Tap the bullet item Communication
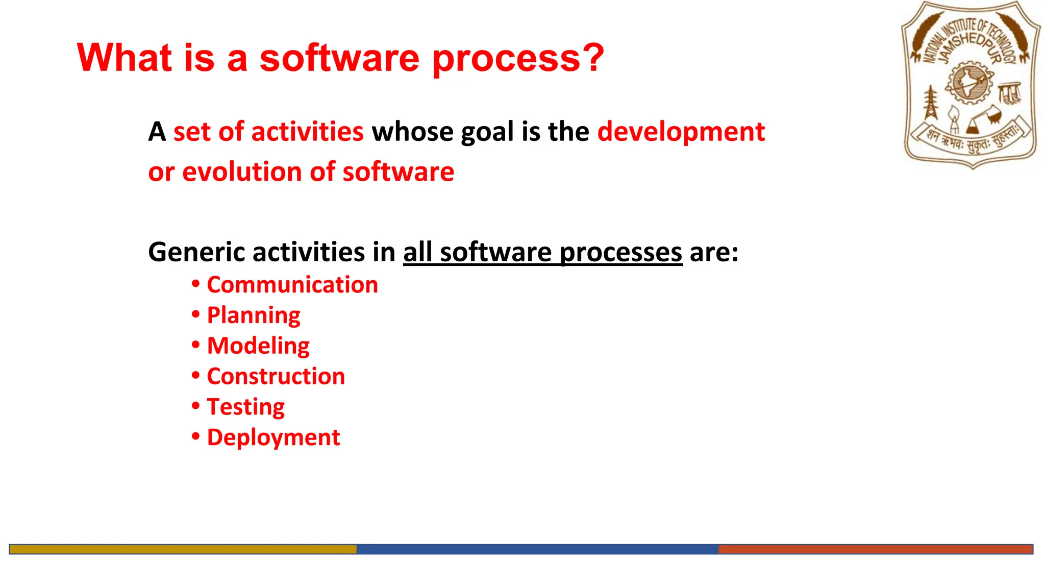click(292, 285)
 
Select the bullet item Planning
click(254, 315)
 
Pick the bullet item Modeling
click(258, 346)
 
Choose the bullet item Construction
click(276, 377)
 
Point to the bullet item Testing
click(245, 407)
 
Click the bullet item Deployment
click(273, 438)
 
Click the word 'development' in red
click(681, 132)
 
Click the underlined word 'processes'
click(621, 252)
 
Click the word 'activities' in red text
click(307, 132)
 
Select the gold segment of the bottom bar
click(183, 549)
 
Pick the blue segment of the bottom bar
click(537, 549)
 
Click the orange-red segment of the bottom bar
click(875, 549)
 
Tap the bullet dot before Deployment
click(196, 437)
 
